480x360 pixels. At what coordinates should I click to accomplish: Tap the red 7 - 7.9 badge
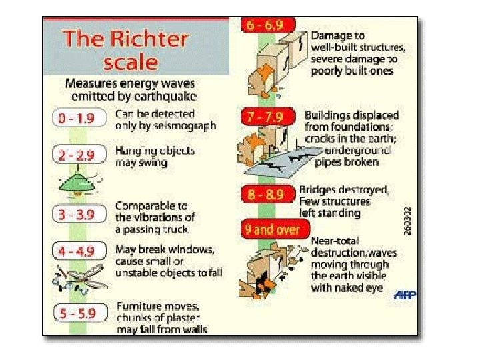pyautogui.click(x=265, y=117)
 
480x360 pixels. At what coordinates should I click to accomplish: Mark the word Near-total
pyautogui.click(x=335, y=241)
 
